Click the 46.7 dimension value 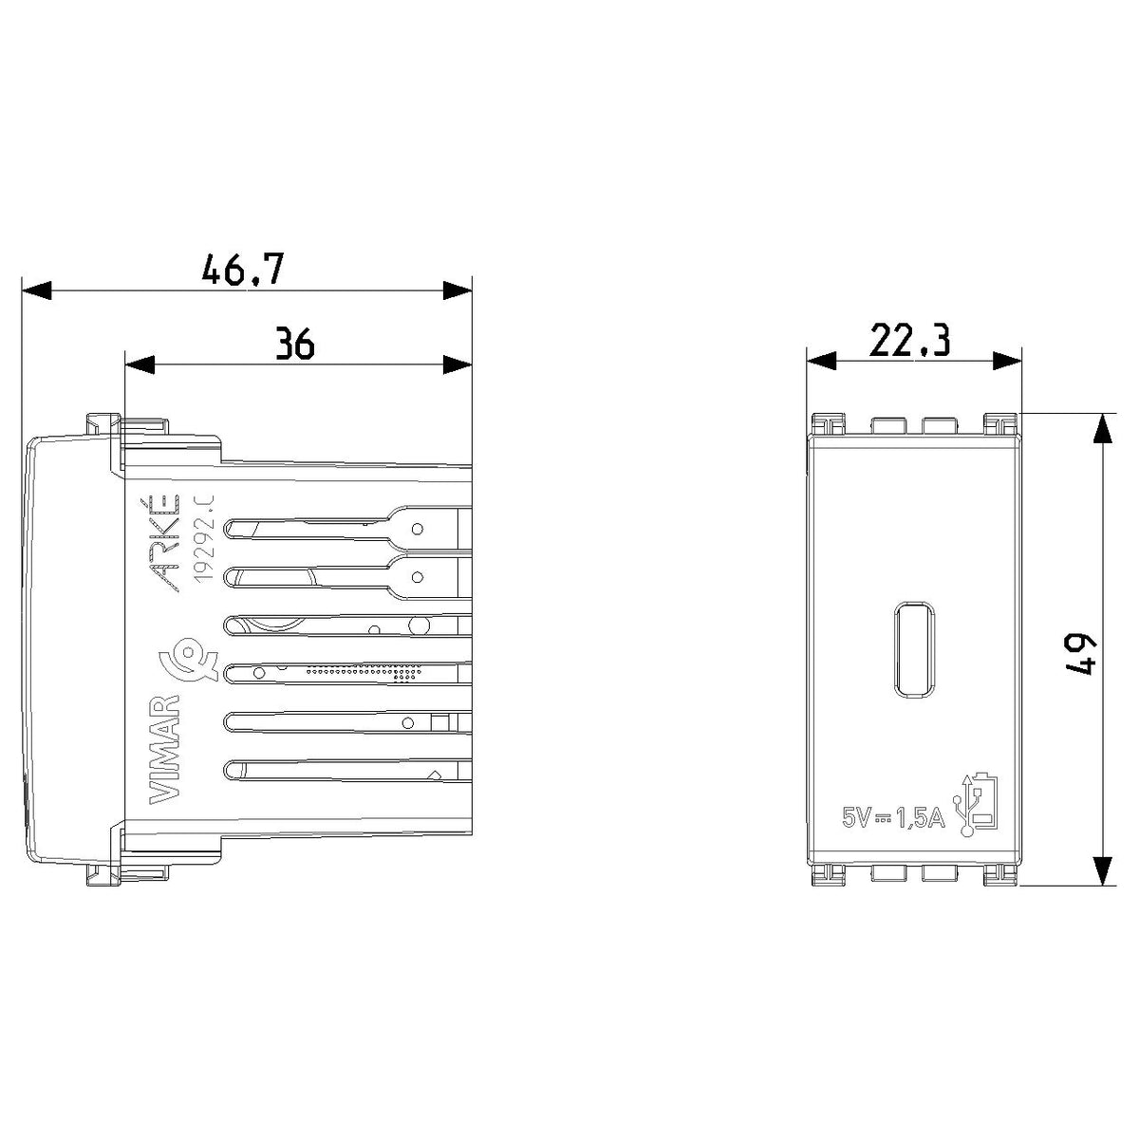coord(243,269)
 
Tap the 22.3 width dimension coord(909,341)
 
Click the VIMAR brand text coord(165,750)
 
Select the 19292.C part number coord(203,538)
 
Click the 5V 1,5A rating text coord(893,818)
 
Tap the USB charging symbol coord(976,804)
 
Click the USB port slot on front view coord(914,648)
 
